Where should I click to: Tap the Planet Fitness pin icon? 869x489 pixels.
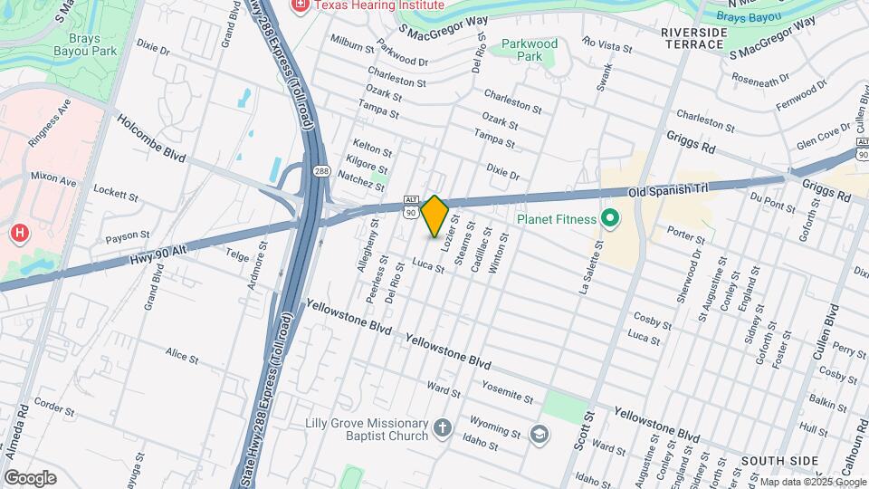coord(609,218)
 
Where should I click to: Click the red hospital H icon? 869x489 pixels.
coord(19,235)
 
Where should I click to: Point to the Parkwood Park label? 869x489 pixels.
coord(530,49)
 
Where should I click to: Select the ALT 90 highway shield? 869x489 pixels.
coord(411,206)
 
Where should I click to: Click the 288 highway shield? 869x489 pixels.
coord(321,170)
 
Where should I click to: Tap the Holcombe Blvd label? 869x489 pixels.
coord(150,145)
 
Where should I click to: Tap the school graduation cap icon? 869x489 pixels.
coord(540,435)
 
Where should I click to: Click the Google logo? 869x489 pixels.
coord(30,478)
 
